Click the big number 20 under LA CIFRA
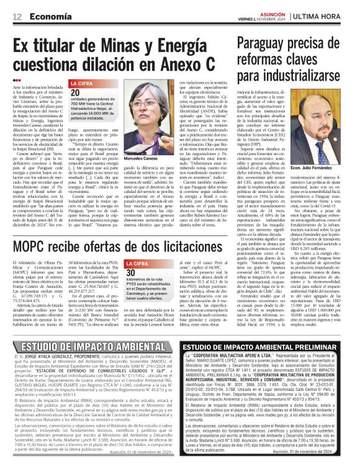click(75, 92)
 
